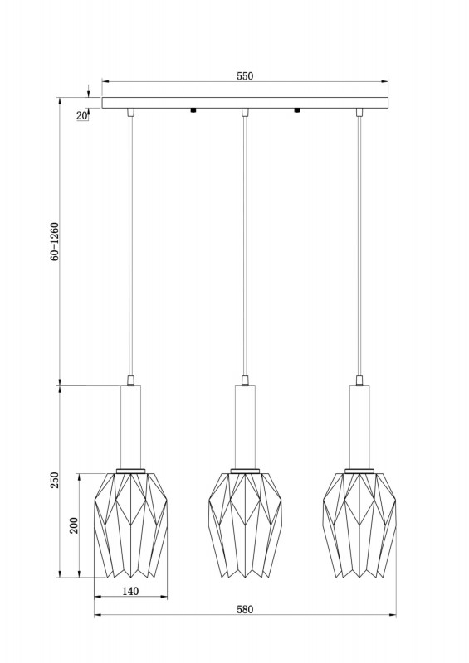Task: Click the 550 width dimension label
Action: (x=245, y=75)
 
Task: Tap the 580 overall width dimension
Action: (x=245, y=609)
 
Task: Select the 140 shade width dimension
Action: (x=130, y=591)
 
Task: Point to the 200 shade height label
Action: (x=74, y=525)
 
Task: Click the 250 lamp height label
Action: (x=55, y=481)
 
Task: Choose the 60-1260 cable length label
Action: (x=55, y=241)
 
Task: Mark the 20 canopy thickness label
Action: (x=82, y=115)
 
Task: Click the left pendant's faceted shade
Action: (x=130, y=525)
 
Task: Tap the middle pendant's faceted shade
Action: (x=245, y=525)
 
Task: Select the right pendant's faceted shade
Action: (x=359, y=525)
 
